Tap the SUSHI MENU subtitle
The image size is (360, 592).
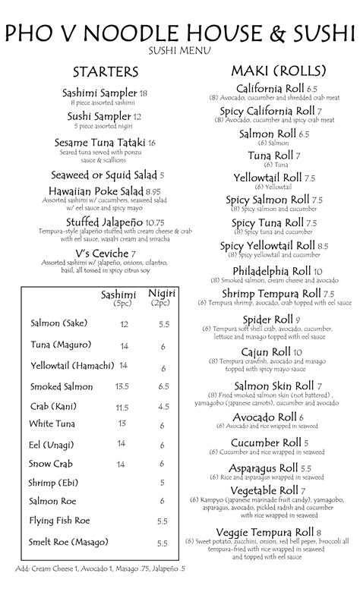180,51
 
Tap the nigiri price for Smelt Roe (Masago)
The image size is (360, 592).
163,543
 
